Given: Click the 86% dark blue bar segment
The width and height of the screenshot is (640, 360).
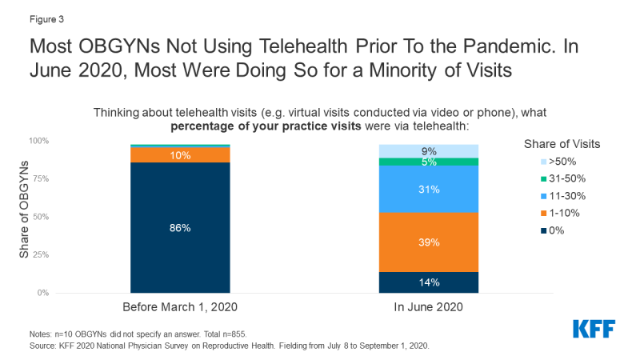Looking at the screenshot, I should (180, 228).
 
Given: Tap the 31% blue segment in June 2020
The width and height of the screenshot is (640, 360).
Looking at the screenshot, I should (428, 189).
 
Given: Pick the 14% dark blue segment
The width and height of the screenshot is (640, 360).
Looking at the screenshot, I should (428, 282).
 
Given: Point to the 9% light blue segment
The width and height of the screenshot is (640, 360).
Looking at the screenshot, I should (428, 150).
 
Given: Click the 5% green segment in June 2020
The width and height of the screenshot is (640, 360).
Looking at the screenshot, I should (428, 162).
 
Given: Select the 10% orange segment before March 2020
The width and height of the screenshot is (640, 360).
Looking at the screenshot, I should (180, 155).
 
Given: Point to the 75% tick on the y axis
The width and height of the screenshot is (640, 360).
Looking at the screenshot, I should (40, 178).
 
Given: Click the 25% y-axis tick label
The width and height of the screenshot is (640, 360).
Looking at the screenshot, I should (40, 255).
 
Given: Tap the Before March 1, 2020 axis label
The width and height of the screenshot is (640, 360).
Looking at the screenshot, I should (180, 307).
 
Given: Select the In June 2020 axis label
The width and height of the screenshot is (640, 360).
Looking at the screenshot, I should (428, 307).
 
